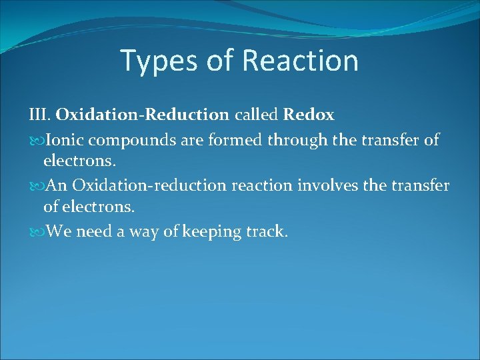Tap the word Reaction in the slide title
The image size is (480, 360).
(300, 60)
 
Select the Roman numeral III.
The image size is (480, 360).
(39, 115)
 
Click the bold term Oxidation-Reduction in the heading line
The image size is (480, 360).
(142, 115)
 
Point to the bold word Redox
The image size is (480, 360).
(308, 115)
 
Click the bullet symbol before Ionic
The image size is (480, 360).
(35, 139)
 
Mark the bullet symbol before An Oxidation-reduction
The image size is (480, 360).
(35, 185)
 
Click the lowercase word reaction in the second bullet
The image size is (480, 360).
(261, 185)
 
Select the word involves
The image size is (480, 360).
(327, 185)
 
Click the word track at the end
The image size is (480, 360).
(267, 232)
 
